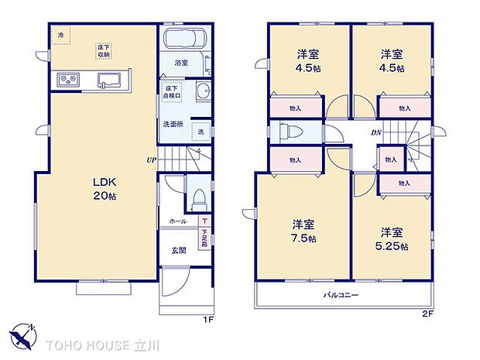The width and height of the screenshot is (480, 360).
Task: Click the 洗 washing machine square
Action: click(200, 131)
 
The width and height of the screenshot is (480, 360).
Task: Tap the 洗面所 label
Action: click(172, 124)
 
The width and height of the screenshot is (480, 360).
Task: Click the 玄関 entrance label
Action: click(177, 250)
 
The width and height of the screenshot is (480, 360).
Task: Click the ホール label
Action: click(177, 221)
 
